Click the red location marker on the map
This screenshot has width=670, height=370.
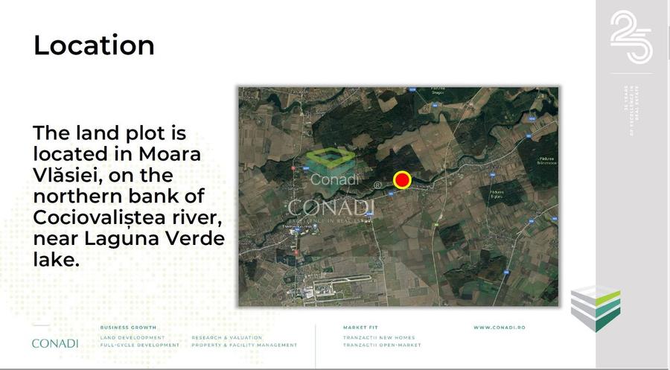pyautogui.click(x=402, y=179)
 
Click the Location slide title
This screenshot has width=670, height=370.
pyautogui.click(x=94, y=45)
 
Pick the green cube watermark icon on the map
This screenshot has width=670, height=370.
pyautogui.click(x=330, y=159)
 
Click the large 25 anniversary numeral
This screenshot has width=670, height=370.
pyautogui.click(x=631, y=37)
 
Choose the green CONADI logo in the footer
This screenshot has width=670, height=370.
pyautogui.click(x=55, y=343)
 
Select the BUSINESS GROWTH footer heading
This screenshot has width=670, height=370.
pyautogui.click(x=128, y=328)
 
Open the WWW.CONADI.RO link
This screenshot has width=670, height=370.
pyautogui.click(x=500, y=328)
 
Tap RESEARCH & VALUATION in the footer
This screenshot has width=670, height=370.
pyautogui.click(x=226, y=337)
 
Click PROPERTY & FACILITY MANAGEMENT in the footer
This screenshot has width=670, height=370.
pyautogui.click(x=244, y=345)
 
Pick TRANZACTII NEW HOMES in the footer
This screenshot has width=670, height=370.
pyautogui.click(x=378, y=337)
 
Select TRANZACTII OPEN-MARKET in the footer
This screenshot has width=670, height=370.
pyautogui.click(x=381, y=345)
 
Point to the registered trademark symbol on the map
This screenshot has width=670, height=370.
pyautogui.click(x=377, y=185)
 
